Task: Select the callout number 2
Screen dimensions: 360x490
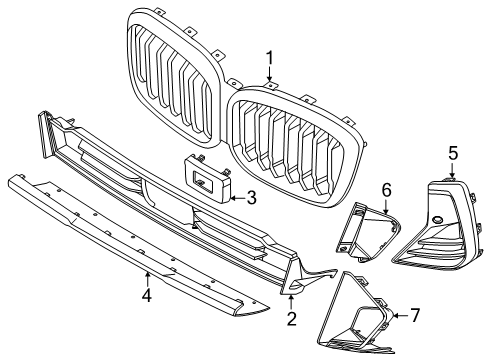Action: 291,319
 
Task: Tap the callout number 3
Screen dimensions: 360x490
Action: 252,198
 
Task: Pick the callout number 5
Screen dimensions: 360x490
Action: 452,152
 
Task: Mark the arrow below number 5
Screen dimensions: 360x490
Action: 452,169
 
